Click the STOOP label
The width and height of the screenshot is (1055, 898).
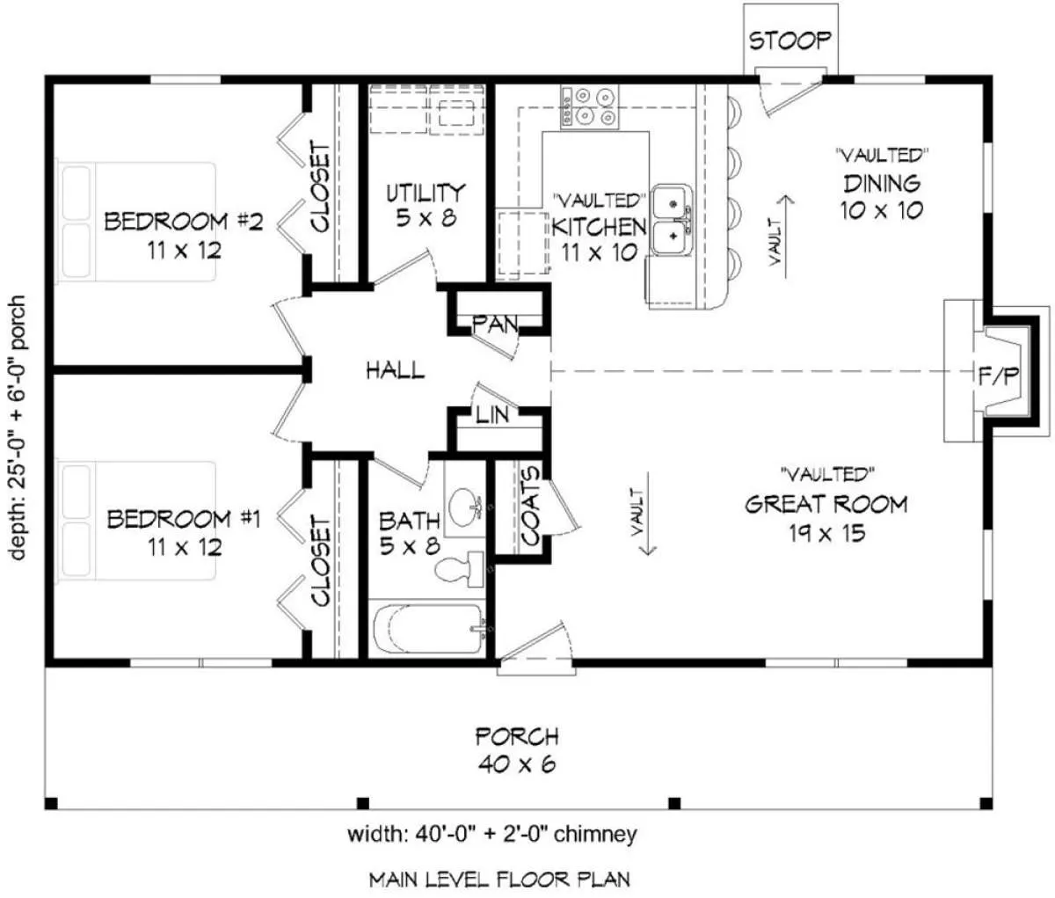click(790, 40)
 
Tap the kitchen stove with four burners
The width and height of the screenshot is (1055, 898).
click(590, 106)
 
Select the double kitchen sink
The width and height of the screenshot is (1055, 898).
click(673, 220)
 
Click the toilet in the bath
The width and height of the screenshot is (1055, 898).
click(459, 569)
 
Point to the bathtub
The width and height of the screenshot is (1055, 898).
click(428, 629)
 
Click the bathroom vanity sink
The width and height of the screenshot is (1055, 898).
click(463, 507)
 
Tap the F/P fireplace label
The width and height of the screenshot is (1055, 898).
click(999, 376)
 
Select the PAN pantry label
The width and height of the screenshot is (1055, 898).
click(495, 324)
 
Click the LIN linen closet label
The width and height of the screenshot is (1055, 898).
click(492, 415)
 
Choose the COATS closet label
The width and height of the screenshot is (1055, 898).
click(530, 506)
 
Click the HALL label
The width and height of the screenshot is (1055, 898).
click(396, 370)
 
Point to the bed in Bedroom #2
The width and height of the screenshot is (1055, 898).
click(135, 221)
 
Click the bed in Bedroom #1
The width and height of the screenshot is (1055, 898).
click(135, 520)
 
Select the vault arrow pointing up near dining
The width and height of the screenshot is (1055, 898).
click(786, 237)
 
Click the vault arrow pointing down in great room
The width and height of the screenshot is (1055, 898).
click(648, 513)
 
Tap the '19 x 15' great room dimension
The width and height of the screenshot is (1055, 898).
click(826, 534)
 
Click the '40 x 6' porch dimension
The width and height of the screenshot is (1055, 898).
click(517, 764)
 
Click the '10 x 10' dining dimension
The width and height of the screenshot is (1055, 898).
click(882, 210)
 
